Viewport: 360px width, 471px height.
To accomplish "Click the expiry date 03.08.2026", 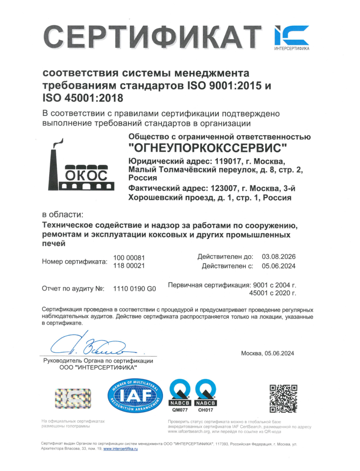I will [279, 257].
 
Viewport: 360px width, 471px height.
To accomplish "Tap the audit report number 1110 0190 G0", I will [135, 289].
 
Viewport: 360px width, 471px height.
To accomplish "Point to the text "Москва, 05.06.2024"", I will [267, 353].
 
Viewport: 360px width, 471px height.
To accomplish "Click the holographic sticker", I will [73, 397].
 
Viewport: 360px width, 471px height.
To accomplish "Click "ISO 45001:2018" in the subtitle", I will [83, 98].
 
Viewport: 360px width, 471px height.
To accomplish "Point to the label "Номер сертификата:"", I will [74, 262].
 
